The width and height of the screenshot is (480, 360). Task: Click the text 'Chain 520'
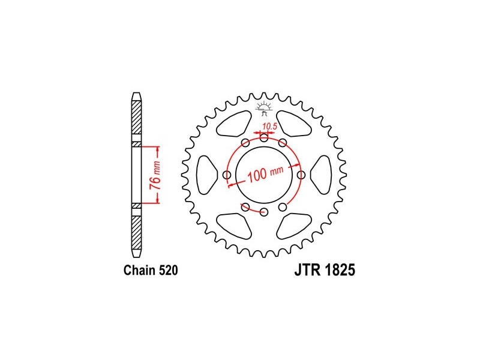(x=151, y=271)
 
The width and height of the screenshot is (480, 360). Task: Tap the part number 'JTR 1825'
(x=325, y=270)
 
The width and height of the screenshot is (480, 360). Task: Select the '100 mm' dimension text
(x=265, y=175)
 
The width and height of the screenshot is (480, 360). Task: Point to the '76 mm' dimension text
(x=155, y=175)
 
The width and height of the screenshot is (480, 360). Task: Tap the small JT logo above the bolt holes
(x=264, y=109)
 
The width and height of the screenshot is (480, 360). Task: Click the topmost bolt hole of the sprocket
(x=264, y=138)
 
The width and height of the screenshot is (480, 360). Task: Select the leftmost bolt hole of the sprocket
(x=227, y=175)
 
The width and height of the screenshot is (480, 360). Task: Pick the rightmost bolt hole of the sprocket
(x=302, y=175)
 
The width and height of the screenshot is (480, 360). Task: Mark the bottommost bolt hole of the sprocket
(x=264, y=212)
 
